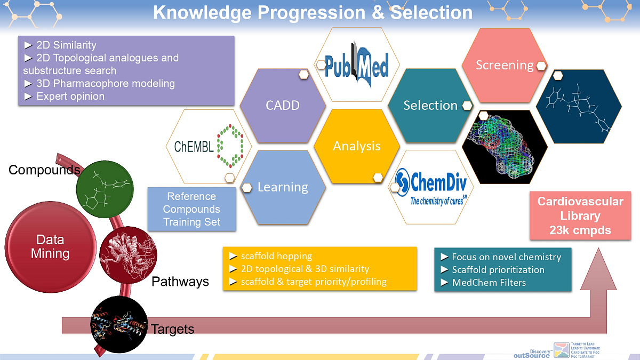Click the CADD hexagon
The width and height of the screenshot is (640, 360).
[x=283, y=105]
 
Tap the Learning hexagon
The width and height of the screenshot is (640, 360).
[x=283, y=187]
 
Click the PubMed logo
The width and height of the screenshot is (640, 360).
[x=357, y=65]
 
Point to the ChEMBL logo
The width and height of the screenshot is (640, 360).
[x=209, y=146]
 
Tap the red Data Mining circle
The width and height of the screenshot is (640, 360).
[x=50, y=246]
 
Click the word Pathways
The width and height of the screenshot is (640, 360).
[x=180, y=282]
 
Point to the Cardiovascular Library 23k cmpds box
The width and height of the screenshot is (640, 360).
[x=580, y=216]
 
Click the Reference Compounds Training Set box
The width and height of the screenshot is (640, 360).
[x=191, y=209]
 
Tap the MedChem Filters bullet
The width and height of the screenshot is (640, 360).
[x=489, y=283]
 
